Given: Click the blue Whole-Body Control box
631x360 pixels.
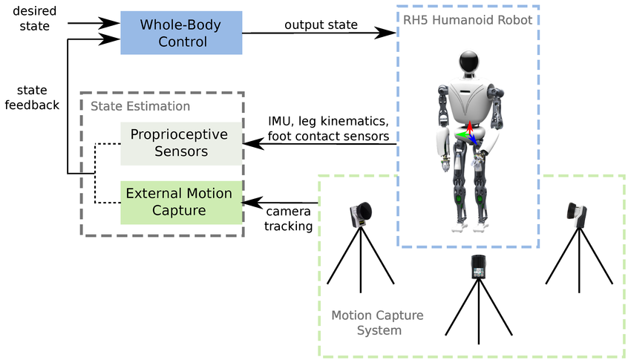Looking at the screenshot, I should (x=181, y=33).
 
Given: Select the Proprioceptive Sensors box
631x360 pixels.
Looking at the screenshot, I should (x=181, y=143).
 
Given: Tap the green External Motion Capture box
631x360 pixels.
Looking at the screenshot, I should (x=181, y=202).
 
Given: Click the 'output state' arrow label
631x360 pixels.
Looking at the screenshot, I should (x=321, y=25).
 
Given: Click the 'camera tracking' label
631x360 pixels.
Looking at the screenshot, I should (x=289, y=218).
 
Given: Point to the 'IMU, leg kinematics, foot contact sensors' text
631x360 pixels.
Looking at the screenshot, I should (x=328, y=128).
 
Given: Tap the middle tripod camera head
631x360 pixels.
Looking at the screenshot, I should (x=477, y=267).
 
